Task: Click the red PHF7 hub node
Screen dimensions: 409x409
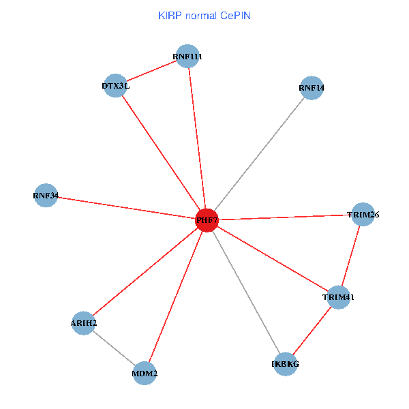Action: pos(207,220)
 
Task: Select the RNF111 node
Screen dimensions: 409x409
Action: pos(187,57)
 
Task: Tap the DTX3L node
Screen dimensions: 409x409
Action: pos(116,86)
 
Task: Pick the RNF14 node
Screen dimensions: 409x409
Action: pos(312,88)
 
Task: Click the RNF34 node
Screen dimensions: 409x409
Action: pos(46,196)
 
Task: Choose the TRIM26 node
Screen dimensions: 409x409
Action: pos(363,215)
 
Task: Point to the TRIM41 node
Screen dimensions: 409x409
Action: pos(338,297)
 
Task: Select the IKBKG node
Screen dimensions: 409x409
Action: pos(286,364)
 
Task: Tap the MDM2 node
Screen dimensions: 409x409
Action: pos(145,374)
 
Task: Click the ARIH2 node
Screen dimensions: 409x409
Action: pos(84,322)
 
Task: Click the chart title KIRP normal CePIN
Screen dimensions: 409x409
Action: pos(204,15)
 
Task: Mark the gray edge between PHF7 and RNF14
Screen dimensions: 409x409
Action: pos(259,154)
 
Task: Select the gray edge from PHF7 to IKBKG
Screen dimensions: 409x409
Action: pos(246,292)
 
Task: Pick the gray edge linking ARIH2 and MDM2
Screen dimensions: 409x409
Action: pos(115,348)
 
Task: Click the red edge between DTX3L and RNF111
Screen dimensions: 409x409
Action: pos(151,72)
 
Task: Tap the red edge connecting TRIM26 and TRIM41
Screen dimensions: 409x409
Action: pos(350,256)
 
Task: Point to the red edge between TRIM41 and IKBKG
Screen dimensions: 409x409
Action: pos(312,331)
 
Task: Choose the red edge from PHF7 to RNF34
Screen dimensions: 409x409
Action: pos(126,208)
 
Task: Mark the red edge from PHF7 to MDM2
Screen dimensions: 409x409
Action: pos(176,297)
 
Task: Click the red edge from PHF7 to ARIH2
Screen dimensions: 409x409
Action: pos(145,271)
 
